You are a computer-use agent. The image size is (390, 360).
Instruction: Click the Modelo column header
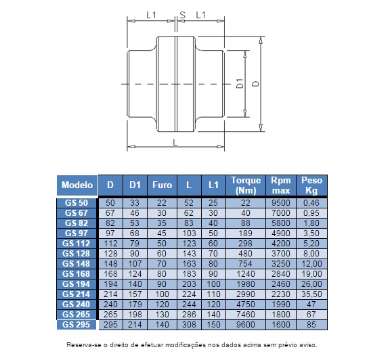click(77, 185)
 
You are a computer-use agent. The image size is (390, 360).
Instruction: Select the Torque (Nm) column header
click(246, 185)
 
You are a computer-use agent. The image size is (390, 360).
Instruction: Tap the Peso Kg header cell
click(311, 185)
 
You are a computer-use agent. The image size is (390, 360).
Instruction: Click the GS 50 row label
click(77, 203)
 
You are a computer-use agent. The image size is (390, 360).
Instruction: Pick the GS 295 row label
click(77, 325)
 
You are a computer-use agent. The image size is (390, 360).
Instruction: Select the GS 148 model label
click(77, 264)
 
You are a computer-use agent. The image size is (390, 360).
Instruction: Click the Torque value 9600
click(246, 325)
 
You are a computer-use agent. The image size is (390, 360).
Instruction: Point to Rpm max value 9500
click(281, 203)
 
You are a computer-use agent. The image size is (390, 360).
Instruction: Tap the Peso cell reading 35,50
click(311, 294)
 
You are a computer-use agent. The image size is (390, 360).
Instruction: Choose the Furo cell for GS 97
click(162, 233)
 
